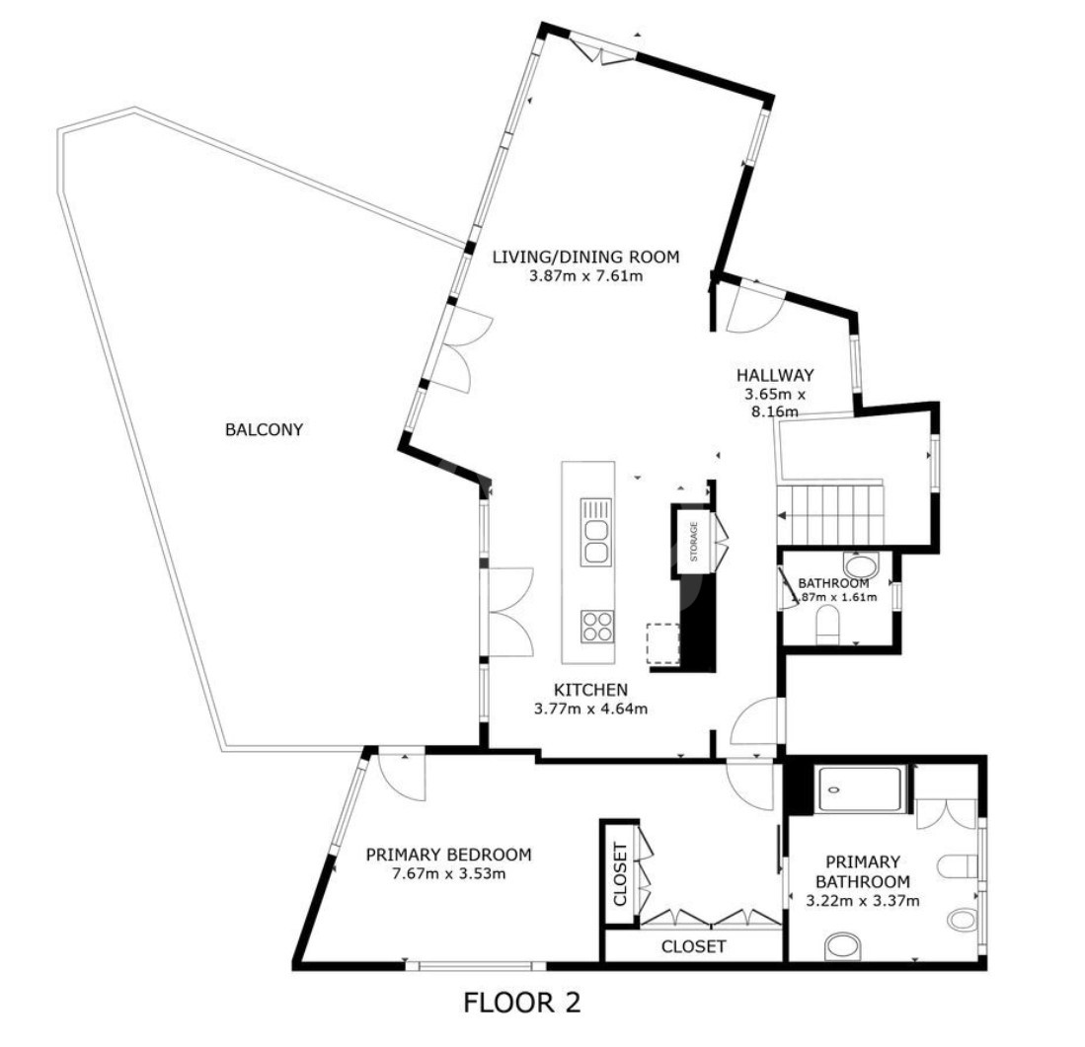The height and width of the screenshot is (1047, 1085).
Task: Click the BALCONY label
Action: click(265, 429)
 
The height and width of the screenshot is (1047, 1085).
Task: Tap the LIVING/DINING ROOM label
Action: click(585, 258)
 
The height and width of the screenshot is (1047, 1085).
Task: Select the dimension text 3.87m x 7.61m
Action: click(585, 276)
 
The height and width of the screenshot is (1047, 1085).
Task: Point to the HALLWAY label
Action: click(775, 376)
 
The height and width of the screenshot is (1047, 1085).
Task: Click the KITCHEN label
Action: click(591, 690)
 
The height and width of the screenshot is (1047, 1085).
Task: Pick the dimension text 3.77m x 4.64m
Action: click(591, 709)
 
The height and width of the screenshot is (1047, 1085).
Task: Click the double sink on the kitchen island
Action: click(596, 532)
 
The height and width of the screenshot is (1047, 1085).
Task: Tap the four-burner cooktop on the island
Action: click(597, 627)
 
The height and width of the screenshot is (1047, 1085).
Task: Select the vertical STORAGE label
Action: click(694, 542)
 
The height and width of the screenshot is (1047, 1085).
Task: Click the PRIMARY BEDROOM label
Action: click(448, 855)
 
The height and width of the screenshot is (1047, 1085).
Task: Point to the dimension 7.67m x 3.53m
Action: click(448, 874)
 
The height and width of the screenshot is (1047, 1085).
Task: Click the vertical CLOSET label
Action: click(620, 873)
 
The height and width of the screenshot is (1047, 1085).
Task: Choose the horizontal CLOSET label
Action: click(693, 946)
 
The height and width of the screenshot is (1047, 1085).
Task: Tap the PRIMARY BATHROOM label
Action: click(862, 872)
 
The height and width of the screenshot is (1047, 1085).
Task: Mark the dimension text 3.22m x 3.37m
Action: click(862, 901)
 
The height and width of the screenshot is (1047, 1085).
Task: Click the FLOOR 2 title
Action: click(521, 1003)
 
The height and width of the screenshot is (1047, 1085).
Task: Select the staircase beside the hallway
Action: click(831, 514)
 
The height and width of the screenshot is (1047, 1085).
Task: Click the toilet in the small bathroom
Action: click(827, 625)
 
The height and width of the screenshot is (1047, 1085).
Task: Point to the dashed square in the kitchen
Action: click(663, 643)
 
